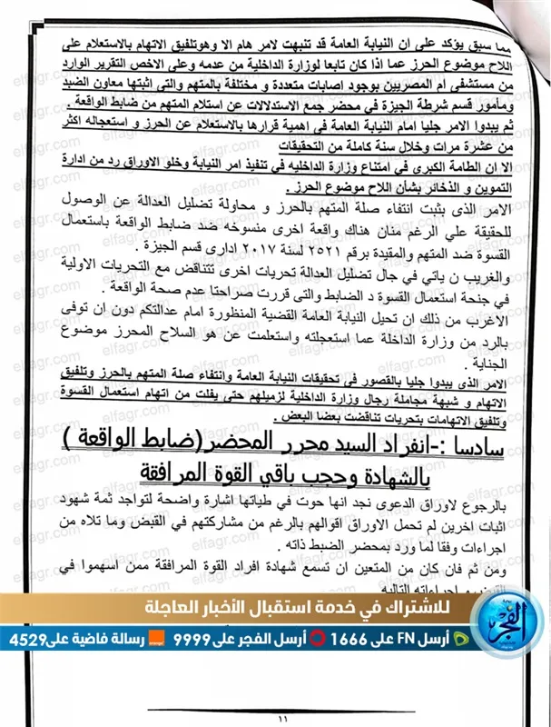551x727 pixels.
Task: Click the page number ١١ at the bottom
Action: coord(275,718)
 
